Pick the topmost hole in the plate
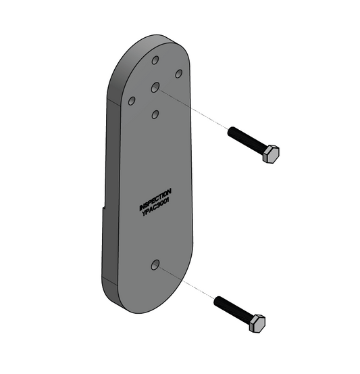coord(156,61)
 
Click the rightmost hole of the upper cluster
coord(179,73)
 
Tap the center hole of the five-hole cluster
coord(155,87)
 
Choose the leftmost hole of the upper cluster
coord(132,101)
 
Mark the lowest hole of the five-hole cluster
coord(155,114)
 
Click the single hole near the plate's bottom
coord(156,266)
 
